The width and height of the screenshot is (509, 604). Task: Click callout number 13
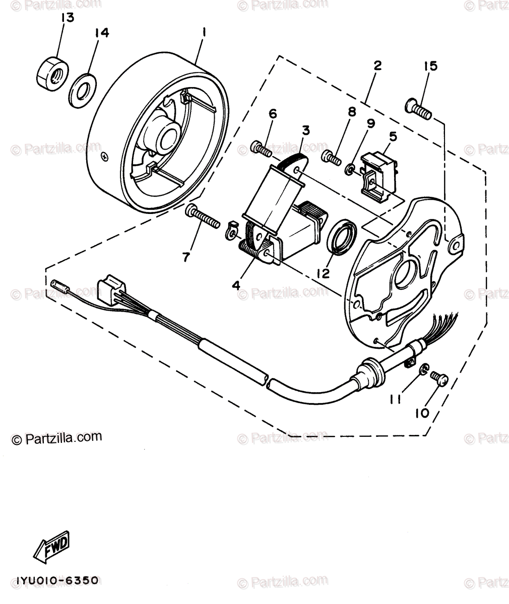[68, 18]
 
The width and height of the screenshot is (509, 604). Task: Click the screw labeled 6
[261, 149]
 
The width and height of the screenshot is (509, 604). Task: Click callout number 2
[377, 65]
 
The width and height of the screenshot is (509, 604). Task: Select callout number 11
[395, 400]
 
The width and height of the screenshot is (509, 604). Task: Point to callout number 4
[236, 285]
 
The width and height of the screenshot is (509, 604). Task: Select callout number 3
[305, 130]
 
